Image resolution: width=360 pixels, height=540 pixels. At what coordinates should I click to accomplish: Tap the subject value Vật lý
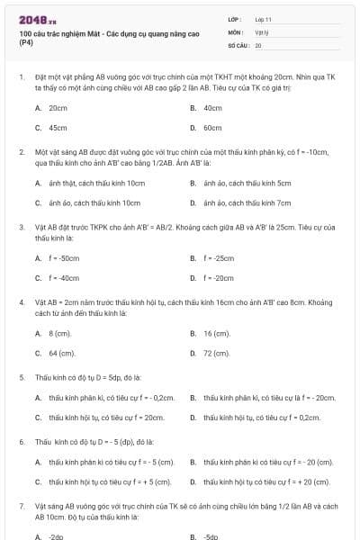pos(262,31)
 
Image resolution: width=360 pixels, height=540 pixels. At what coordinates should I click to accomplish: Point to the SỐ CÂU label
pos(237,44)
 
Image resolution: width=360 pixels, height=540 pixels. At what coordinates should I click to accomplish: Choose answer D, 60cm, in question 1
pos(212,128)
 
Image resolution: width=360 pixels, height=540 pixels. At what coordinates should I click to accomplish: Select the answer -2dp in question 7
pos(56,536)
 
